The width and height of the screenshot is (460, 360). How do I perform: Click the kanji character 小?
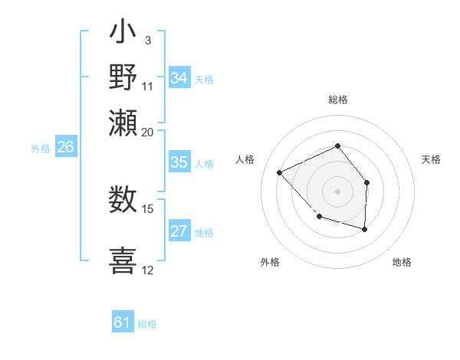tap(123, 34)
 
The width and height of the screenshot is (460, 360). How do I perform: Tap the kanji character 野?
tap(123, 77)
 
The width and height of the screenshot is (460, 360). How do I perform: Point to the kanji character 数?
tap(123, 200)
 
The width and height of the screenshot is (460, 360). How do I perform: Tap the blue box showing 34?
tap(179, 78)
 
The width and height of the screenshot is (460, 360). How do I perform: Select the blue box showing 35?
tap(179, 162)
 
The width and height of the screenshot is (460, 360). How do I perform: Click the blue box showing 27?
tap(179, 231)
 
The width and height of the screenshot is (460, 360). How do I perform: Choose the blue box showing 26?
tap(65, 148)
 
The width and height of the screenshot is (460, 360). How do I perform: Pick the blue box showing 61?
tap(123, 322)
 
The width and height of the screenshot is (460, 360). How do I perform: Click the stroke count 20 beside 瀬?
tap(147, 131)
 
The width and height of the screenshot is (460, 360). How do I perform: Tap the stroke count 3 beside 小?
tap(147, 40)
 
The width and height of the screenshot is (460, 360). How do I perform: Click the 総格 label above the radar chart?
tap(337, 100)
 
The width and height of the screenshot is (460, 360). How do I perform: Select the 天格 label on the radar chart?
tap(431, 159)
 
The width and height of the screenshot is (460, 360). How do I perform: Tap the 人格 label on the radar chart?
tap(245, 159)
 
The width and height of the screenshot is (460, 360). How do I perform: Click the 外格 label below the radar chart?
tap(270, 262)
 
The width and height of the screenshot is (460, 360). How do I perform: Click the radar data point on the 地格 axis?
tap(365, 229)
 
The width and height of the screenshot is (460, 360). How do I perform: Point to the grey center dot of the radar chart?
tap(337, 191)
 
